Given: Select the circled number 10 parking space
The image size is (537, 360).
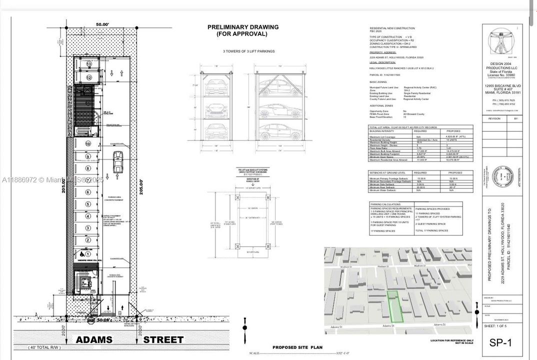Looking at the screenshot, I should tap(88, 144).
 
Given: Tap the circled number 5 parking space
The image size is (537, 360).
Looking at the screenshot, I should tap(88, 204).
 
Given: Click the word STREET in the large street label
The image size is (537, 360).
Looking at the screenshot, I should tap(163, 340).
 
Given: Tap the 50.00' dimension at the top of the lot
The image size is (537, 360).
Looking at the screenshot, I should tap(102, 23).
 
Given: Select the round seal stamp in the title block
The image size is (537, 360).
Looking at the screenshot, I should tap(500, 176).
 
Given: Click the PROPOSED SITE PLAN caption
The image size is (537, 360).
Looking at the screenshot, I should tap(297, 347).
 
